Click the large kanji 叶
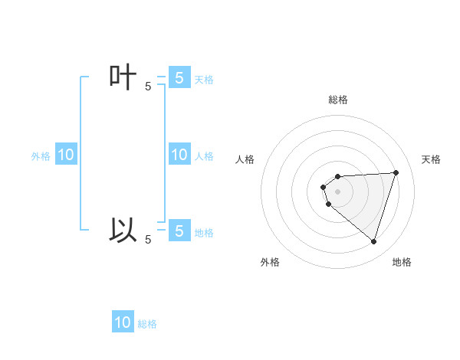coord(123,78)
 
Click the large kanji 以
coord(123,230)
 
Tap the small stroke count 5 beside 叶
coord(148,87)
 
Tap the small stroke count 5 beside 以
coord(148,240)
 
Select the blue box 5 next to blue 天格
coord(179,77)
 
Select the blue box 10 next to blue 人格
coord(179,155)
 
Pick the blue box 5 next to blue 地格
coord(179,231)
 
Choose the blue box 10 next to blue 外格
coord(66,155)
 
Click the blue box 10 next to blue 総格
coord(123,322)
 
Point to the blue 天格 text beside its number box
coord(204,79)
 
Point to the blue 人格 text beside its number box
coord(204,156)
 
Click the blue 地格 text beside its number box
coord(204,232)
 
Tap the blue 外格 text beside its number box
coord(41,156)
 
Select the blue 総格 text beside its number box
coord(147,324)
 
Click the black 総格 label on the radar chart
coord(338,100)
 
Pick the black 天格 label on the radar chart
coord(432,159)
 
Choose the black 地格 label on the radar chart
coord(402,262)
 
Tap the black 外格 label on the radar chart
coord(270,262)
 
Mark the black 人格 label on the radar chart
coord(245,159)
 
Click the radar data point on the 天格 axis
coord(396,172)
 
